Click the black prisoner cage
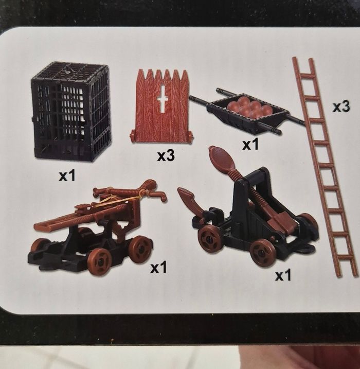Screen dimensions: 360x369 pos(70,112)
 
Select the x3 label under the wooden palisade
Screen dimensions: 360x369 pos(166,156)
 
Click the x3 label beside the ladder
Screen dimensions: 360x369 pos(341,107)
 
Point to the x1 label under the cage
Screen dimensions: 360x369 pos(67,175)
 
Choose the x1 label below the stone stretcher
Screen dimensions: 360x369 pos(250,144)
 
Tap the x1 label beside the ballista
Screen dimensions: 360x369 pos(158,268)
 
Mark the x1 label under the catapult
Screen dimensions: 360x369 pos(283,275)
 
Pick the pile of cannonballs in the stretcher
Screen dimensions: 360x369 pos(249,107)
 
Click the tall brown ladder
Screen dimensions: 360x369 pos(325,168)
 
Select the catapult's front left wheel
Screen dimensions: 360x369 pos(210,239)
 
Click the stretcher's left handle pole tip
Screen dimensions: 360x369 pos(191,97)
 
